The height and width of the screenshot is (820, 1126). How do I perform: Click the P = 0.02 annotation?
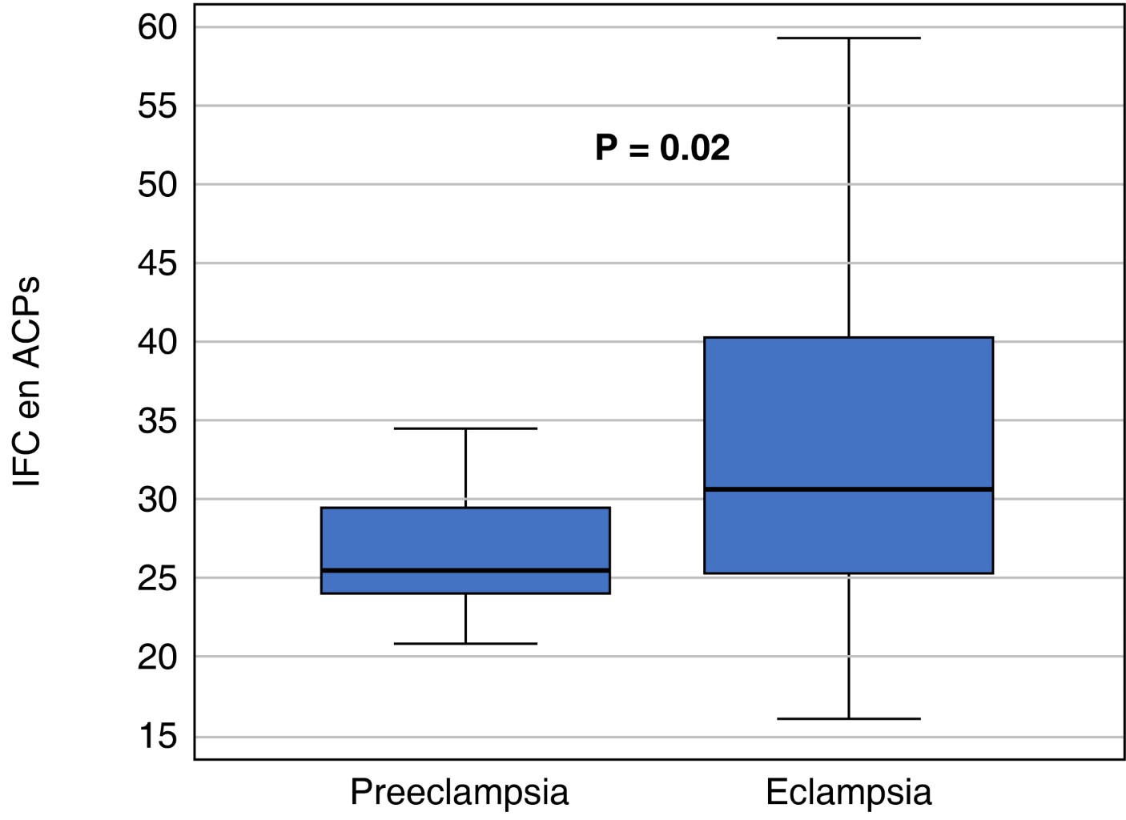662,148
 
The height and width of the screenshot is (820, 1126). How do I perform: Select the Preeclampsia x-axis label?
459,792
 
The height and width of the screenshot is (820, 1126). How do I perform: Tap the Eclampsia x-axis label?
848,792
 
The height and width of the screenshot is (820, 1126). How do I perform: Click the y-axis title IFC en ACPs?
27,382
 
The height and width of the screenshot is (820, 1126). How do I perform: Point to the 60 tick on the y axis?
158,27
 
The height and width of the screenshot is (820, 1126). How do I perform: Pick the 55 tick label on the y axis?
158,106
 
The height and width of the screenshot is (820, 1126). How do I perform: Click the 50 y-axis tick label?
158,184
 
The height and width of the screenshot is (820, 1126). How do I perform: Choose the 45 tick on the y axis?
158,263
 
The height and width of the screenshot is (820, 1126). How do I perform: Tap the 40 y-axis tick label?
158,342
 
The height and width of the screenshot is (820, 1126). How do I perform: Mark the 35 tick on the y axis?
158,420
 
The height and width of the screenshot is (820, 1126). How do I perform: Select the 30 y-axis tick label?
158,499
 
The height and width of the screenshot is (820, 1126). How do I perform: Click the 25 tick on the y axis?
158,577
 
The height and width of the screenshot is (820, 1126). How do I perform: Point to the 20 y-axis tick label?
158,657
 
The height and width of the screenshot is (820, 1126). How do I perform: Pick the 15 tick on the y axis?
158,736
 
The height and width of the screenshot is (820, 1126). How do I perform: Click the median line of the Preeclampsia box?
465,570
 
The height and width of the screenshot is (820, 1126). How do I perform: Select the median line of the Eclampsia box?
848,488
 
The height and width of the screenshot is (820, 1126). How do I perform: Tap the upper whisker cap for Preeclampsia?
465,428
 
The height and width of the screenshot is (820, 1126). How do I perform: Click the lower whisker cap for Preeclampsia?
465,643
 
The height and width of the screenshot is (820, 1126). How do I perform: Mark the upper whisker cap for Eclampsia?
848,38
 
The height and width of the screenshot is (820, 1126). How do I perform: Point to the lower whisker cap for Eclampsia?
848,718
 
